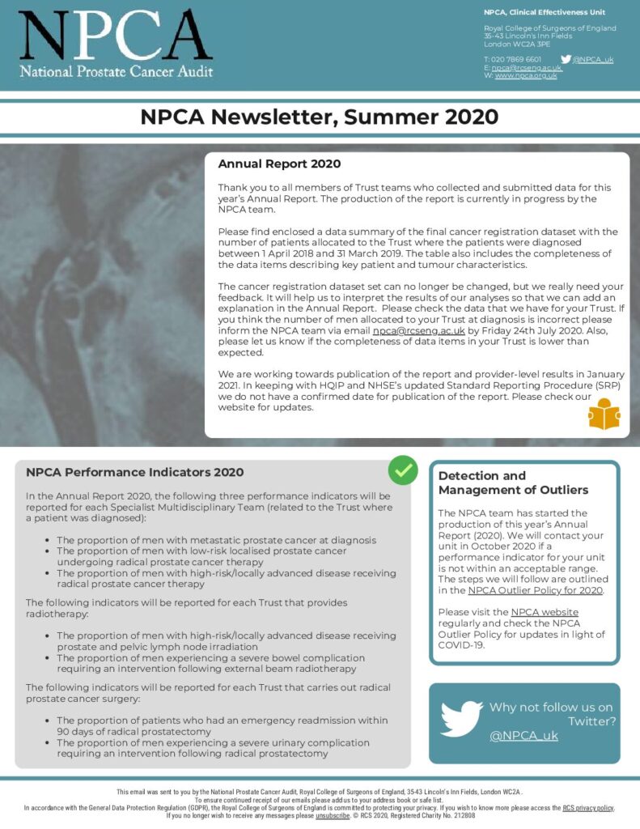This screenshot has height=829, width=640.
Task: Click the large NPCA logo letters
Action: point(116,36)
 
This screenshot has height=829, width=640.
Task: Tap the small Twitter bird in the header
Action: point(566,59)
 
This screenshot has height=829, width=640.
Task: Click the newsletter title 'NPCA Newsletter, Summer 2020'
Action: point(319,117)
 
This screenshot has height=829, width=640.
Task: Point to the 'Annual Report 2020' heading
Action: point(268,164)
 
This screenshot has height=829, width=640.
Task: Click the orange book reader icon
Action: point(604,414)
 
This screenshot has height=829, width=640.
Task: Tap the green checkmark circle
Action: point(402,470)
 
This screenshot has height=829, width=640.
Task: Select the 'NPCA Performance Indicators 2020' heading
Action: point(134,472)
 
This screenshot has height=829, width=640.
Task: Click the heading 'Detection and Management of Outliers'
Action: point(513,483)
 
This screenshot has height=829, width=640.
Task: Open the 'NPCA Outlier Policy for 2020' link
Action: point(535,590)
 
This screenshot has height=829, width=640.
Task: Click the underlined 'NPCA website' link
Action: point(544,611)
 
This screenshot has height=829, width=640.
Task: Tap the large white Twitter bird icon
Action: point(461,719)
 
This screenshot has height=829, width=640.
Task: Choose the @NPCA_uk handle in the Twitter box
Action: point(523,735)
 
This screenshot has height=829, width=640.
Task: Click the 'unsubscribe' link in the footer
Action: point(332,816)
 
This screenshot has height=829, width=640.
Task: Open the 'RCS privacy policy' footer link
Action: point(588,808)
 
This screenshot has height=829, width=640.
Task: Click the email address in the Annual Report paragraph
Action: point(418,330)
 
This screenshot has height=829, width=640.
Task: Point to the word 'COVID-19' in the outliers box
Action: point(461,645)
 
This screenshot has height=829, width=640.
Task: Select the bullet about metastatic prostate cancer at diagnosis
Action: point(216,539)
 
